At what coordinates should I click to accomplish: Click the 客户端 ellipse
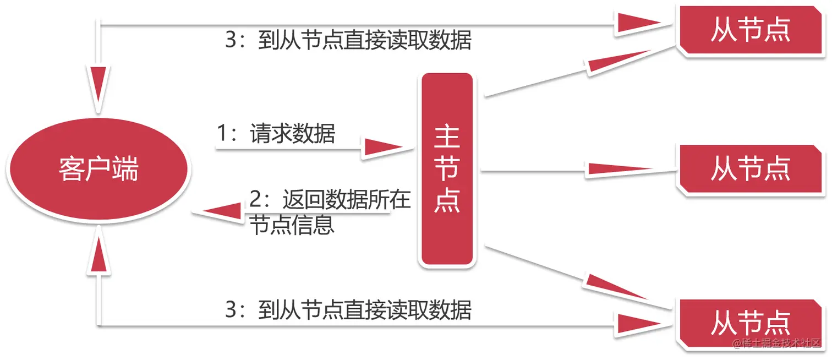(98, 168)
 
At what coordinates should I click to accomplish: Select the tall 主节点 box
(447, 170)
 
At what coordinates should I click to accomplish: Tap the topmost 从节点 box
(750, 30)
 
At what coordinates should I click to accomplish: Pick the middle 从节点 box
(750, 168)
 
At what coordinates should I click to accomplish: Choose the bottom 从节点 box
(750, 324)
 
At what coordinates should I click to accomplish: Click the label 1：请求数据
(276, 134)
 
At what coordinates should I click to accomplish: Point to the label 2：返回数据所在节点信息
(329, 212)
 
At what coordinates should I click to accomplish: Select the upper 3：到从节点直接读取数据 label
(348, 41)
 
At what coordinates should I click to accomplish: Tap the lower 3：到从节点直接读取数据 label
(348, 309)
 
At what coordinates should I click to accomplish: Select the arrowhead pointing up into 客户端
(98, 253)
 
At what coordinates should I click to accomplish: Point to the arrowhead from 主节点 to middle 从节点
(619, 169)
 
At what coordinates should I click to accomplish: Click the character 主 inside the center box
(447, 138)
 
